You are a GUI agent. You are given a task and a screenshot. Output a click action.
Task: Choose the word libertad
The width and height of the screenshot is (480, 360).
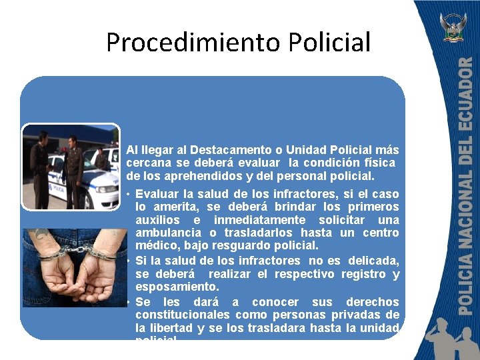tap(171, 328)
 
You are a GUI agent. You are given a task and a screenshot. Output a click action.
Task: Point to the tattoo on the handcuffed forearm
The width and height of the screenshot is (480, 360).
tap(40, 234)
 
